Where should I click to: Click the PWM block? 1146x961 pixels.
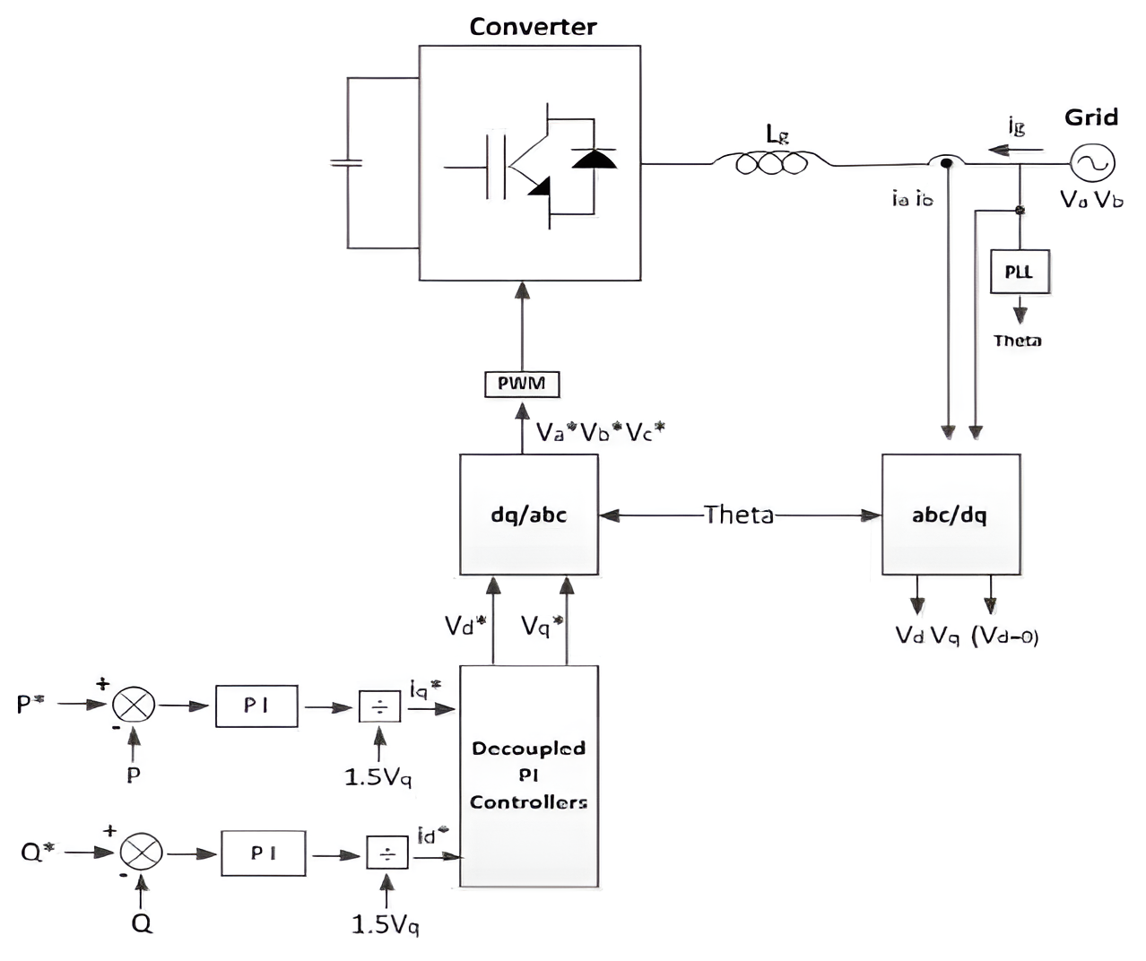pyautogui.click(x=522, y=384)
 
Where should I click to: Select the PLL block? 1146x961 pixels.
pyautogui.click(x=1019, y=272)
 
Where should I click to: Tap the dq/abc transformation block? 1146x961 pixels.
pyautogui.click(x=529, y=515)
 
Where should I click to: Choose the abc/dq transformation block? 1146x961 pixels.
pyautogui.click(x=951, y=515)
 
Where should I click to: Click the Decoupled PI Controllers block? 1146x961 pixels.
pyautogui.click(x=529, y=776)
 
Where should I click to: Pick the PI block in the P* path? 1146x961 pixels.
pyautogui.click(x=256, y=706)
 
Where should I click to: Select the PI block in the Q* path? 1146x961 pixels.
pyautogui.click(x=264, y=853)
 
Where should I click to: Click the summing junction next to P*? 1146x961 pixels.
pyautogui.click(x=134, y=705)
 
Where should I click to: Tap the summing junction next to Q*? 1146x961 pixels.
pyautogui.click(x=142, y=852)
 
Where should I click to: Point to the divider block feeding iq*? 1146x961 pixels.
pyautogui.click(x=380, y=706)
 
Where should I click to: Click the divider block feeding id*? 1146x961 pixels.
pyautogui.click(x=387, y=853)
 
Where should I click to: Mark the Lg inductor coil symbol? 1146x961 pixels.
pyautogui.click(x=772, y=163)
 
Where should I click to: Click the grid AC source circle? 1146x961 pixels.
pyautogui.click(x=1093, y=163)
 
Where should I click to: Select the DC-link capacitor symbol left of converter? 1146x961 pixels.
pyautogui.click(x=347, y=163)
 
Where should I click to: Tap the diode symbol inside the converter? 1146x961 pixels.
pyautogui.click(x=595, y=160)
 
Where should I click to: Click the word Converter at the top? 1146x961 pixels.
pyautogui.click(x=533, y=27)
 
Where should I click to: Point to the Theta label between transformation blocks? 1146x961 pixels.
pyautogui.click(x=738, y=515)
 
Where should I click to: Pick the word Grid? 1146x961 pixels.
pyautogui.click(x=1091, y=117)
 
